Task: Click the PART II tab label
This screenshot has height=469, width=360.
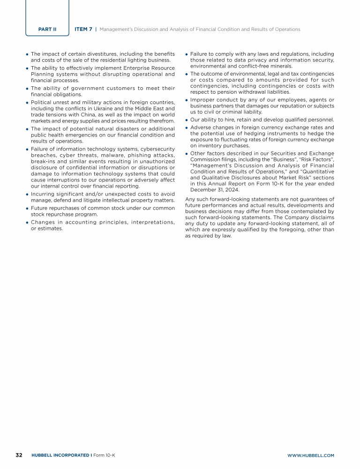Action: click(x=47, y=29)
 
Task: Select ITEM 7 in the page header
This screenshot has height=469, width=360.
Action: click(x=83, y=29)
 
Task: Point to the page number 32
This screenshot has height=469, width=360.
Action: click(x=19, y=455)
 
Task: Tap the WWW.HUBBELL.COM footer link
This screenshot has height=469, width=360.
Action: click(x=310, y=455)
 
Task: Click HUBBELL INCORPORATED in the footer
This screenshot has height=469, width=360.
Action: click(x=61, y=455)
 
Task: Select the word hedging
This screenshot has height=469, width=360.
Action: click(x=236, y=133)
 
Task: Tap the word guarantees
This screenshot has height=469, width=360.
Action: click(x=313, y=199)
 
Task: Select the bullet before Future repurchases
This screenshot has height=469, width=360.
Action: click(x=28, y=208)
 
